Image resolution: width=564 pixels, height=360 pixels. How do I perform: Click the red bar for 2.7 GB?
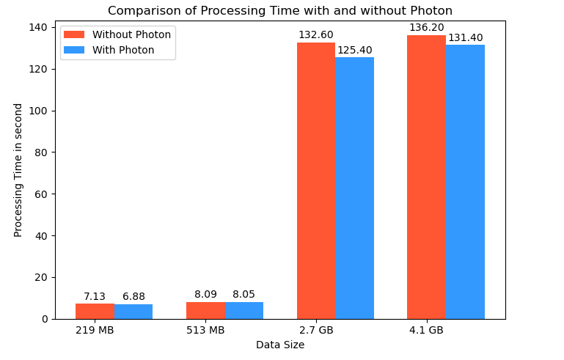(316, 180)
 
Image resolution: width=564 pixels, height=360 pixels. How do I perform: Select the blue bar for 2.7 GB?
(354, 188)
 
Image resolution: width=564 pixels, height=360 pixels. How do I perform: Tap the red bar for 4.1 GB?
(426, 177)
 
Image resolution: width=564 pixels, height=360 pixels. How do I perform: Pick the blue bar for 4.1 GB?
(465, 182)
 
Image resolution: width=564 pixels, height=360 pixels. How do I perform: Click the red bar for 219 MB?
(95, 312)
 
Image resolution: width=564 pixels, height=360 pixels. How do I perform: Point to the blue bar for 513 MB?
(244, 311)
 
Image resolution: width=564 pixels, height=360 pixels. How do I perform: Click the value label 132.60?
(315, 35)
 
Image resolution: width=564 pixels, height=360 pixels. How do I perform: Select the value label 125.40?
(354, 50)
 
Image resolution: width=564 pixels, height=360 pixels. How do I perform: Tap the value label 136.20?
(426, 28)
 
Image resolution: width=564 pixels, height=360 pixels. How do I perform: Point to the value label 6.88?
(133, 297)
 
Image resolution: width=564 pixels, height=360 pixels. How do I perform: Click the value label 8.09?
(205, 295)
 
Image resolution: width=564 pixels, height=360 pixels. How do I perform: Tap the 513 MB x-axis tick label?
(205, 331)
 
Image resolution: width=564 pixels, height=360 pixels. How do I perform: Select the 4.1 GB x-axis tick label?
(426, 331)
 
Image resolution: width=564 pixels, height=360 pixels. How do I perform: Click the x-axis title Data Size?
(279, 345)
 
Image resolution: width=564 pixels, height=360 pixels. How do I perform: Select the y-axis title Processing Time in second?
(19, 170)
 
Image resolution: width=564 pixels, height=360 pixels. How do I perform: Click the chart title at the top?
(279, 11)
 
